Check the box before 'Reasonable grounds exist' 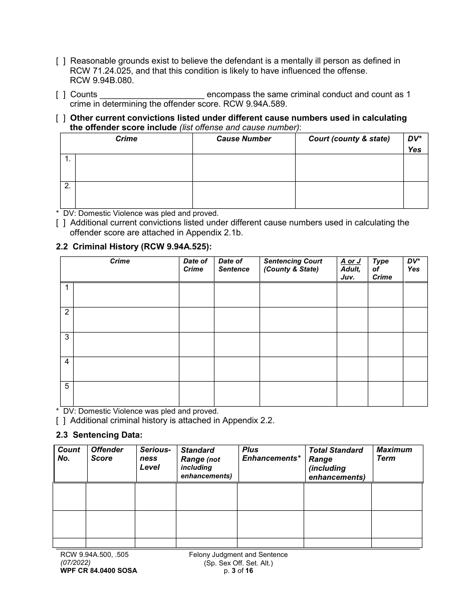click(x=60, y=61)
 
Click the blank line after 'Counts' click(x=152, y=95)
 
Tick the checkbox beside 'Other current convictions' click(x=60, y=118)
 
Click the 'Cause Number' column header click(x=244, y=139)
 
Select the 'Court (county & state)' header click(x=349, y=139)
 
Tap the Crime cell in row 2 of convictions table click(x=133, y=195)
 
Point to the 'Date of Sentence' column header click(x=233, y=265)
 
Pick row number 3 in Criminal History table click(x=67, y=337)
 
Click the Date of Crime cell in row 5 click(x=196, y=394)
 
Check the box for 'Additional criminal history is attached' click(x=60, y=421)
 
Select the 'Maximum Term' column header click(x=394, y=454)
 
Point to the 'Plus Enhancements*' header click(x=271, y=454)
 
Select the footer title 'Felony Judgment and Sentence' click(x=238, y=554)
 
